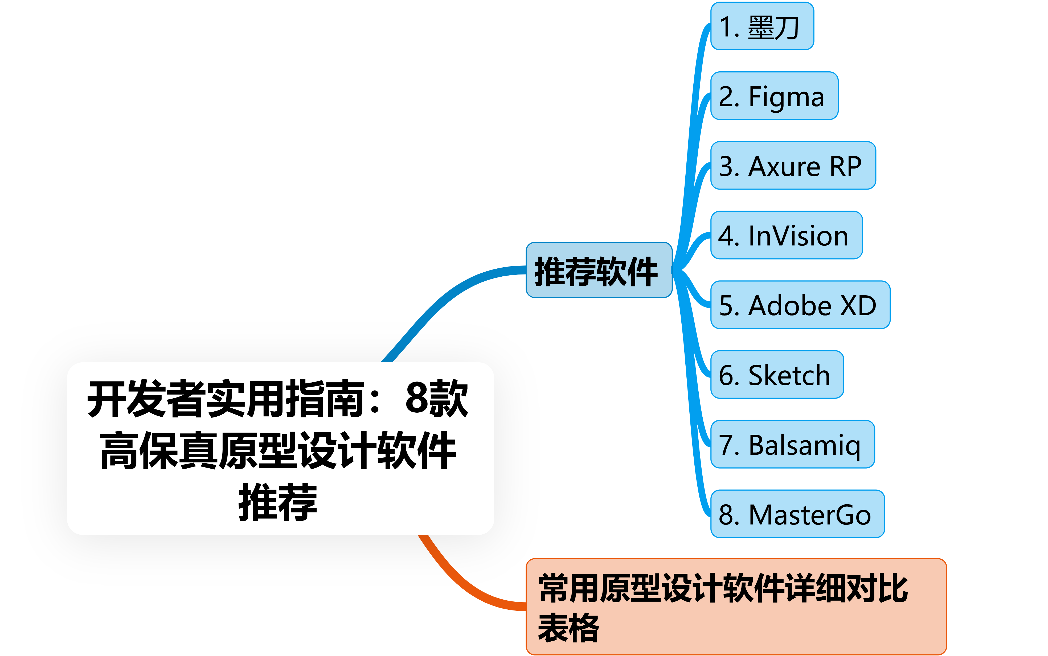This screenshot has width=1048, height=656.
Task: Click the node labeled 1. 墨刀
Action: pyautogui.click(x=762, y=26)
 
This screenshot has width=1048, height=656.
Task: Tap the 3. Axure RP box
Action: pyautogui.click(x=793, y=166)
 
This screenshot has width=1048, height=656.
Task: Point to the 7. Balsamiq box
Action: pyautogui.click(x=792, y=444)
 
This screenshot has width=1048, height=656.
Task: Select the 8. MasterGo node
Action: pyautogui.click(x=797, y=514)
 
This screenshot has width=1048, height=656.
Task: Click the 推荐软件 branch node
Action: pyautogui.click(x=599, y=270)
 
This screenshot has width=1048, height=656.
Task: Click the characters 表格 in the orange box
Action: pyautogui.click(x=568, y=627)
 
